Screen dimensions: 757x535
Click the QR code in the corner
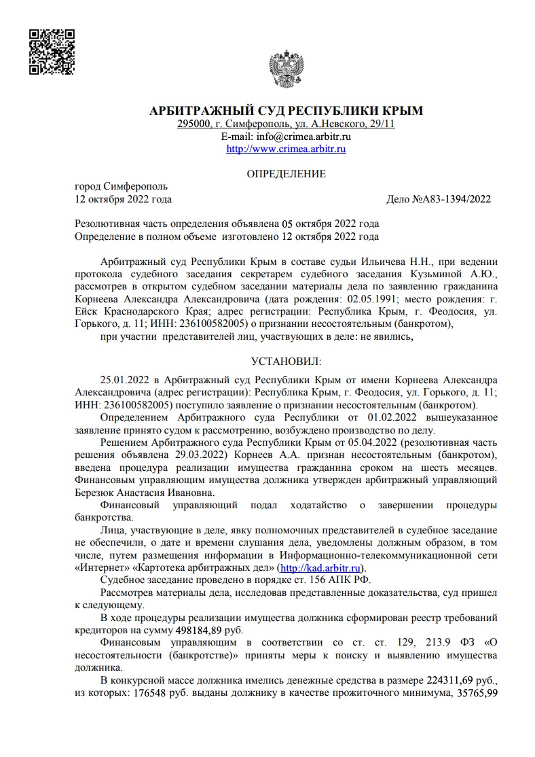[52, 51]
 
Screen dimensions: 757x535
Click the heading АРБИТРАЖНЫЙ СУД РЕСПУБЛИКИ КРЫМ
[286, 111]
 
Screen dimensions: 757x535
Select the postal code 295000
[193, 124]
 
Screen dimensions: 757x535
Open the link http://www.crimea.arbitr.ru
[286, 149]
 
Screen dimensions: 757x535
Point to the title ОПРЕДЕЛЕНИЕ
[286, 174]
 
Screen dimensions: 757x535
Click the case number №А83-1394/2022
[451, 200]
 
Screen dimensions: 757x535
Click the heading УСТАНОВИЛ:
[286, 360]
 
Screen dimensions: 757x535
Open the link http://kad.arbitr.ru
[322, 568]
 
